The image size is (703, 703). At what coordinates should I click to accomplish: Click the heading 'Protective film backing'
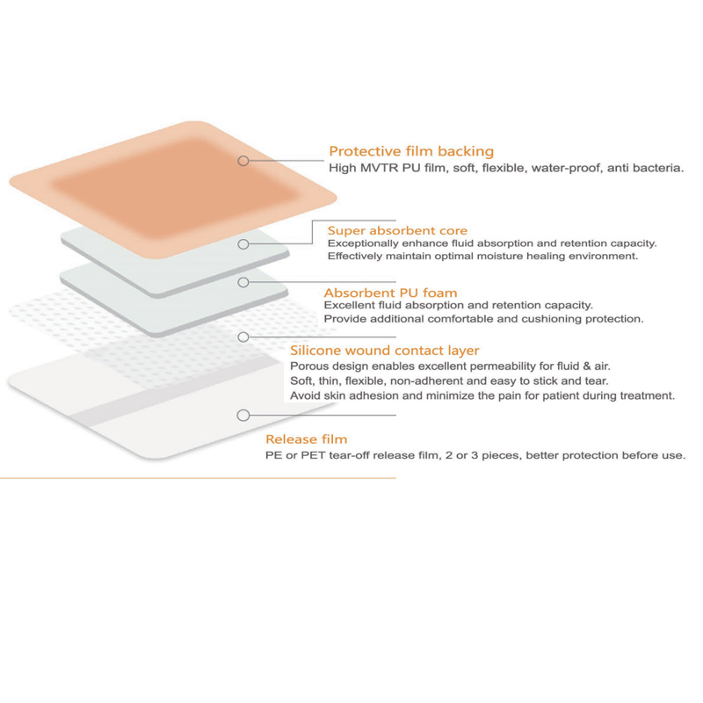[411, 151]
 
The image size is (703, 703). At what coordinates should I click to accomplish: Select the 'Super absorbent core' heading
[397, 230]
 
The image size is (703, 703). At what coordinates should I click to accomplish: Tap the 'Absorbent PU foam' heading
[390, 293]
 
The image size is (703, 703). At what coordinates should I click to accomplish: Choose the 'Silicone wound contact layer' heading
[384, 350]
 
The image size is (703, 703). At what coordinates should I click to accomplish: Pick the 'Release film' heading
[306, 438]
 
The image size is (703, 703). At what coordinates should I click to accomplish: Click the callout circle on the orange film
[243, 161]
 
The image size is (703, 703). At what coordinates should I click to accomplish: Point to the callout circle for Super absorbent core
[243, 244]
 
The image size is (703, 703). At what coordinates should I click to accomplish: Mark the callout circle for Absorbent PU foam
[243, 282]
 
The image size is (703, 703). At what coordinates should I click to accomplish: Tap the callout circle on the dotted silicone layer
[243, 337]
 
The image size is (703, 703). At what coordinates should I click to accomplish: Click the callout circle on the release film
[243, 415]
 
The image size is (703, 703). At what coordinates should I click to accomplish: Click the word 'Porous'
[309, 366]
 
